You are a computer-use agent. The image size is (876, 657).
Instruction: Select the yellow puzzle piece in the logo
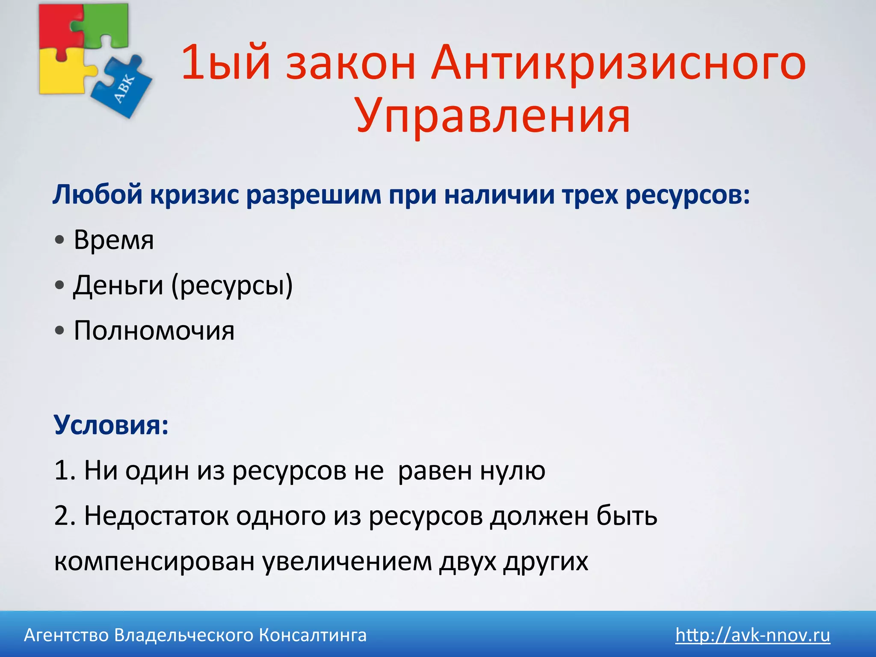click(60, 73)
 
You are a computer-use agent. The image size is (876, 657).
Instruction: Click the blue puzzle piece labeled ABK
click(124, 88)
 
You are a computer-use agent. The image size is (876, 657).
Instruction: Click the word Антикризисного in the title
click(618, 63)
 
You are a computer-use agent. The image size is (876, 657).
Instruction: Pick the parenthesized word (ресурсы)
click(232, 285)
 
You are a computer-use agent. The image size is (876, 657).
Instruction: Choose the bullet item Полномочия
click(154, 331)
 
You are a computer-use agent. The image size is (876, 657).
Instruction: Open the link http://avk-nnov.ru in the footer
click(752, 635)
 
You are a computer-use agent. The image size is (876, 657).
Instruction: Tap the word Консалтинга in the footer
click(313, 635)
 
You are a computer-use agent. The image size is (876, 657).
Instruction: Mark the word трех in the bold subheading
click(590, 195)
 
